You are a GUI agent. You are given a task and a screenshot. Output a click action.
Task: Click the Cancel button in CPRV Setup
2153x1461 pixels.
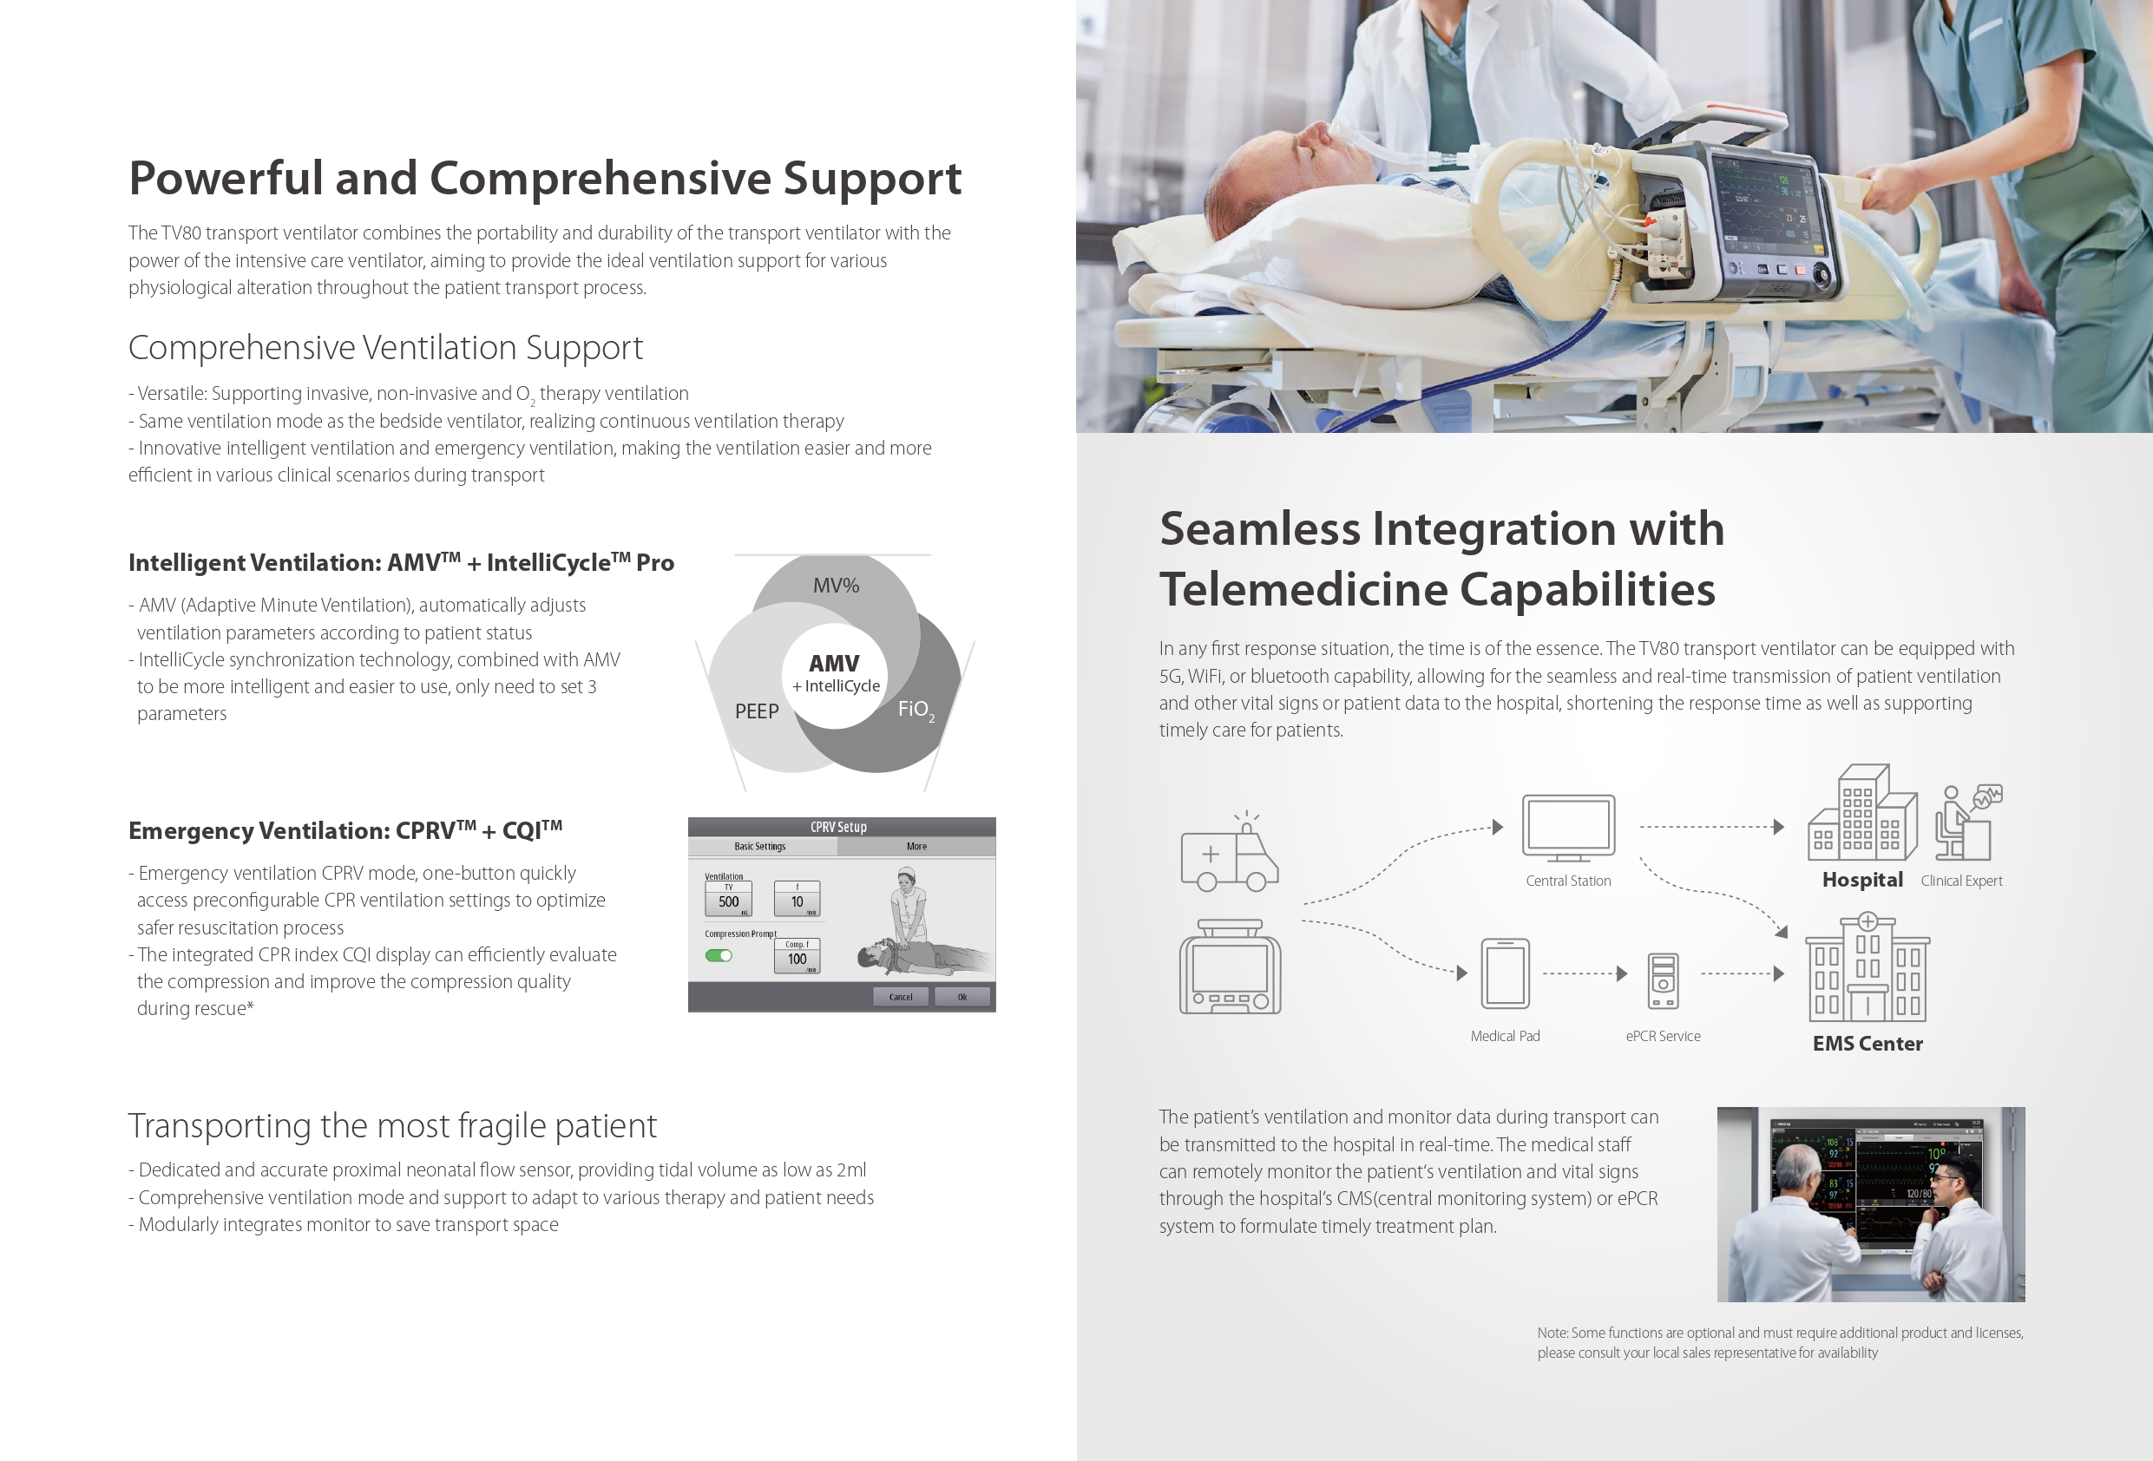901,997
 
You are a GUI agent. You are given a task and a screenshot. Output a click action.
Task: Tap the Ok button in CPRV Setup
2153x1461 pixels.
962,997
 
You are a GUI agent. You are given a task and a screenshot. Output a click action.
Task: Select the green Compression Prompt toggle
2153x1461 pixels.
718,955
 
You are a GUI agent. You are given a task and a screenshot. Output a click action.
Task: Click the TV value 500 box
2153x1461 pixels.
728,900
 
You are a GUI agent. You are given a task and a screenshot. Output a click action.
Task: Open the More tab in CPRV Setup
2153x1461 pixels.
916,846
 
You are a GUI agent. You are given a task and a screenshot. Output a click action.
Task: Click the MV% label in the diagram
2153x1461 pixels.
836,586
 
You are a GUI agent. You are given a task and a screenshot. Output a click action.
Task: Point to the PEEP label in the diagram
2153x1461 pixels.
757,711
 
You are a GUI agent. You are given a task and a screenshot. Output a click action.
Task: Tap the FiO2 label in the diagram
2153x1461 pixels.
916,710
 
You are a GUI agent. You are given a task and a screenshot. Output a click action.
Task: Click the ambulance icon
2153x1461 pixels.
1230,852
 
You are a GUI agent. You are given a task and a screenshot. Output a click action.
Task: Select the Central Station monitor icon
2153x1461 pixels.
1568,829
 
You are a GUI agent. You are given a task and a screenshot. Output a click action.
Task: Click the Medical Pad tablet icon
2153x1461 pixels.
1506,973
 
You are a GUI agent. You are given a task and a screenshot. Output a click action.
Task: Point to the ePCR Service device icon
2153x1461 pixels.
1663,980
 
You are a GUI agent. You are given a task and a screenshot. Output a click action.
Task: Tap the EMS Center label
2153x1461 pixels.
1867,1043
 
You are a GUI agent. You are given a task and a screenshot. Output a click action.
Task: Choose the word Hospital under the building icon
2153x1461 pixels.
1862,879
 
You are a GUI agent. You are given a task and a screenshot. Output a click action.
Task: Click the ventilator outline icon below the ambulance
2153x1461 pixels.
1231,966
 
